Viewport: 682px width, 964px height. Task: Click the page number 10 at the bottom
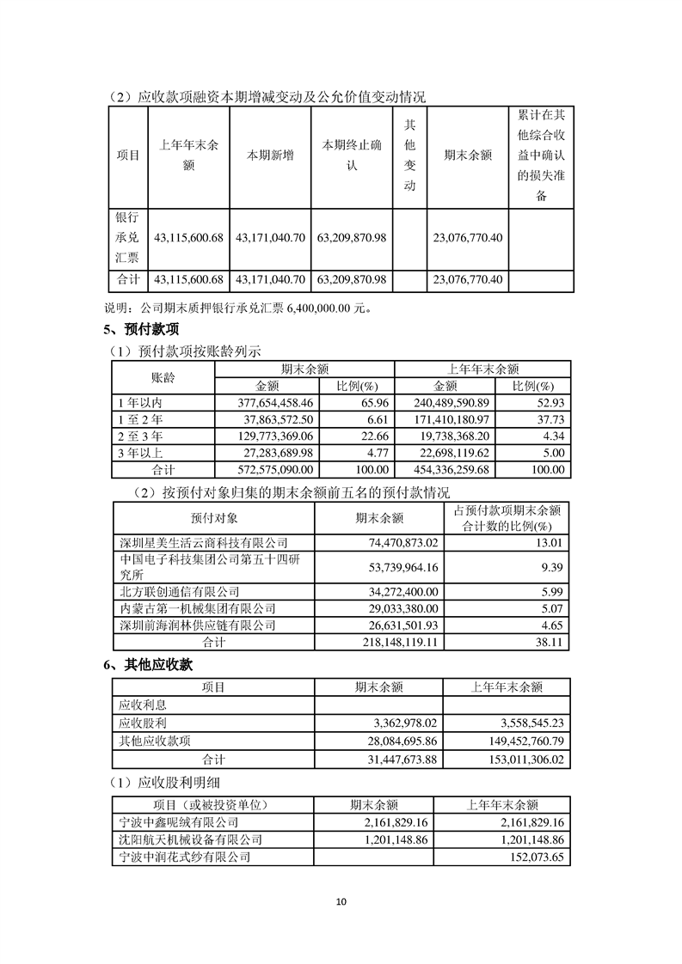(341, 901)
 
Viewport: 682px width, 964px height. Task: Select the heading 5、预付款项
(140, 329)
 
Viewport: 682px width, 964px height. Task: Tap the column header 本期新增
(270, 156)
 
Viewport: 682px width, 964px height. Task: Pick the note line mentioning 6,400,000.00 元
(237, 308)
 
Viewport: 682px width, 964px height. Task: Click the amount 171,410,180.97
(444, 419)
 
